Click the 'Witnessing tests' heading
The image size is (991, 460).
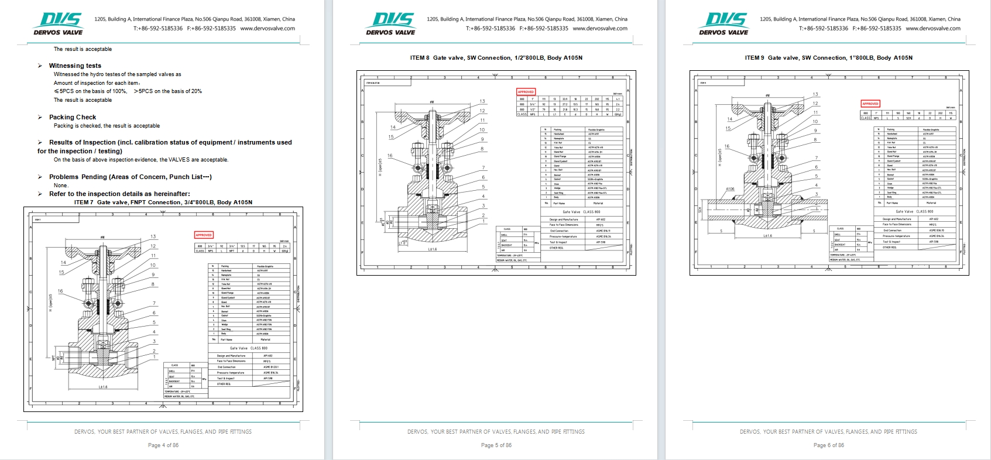tap(75, 66)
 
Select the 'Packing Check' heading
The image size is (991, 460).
tap(73, 117)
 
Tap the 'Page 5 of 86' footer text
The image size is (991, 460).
tap(496, 445)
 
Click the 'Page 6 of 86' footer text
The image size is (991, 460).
tap(829, 445)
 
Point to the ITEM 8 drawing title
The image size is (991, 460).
tap(496, 58)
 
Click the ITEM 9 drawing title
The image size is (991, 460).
tap(828, 58)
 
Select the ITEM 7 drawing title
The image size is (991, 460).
tap(163, 202)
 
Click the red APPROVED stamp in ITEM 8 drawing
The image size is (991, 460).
tap(526, 92)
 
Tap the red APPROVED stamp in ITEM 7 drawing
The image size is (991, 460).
tap(203, 235)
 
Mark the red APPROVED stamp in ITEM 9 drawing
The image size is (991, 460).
tap(870, 104)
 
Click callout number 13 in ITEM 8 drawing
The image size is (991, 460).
tap(482, 101)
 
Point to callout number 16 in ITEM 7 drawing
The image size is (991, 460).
tap(60, 291)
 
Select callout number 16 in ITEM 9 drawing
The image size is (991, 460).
tap(726, 146)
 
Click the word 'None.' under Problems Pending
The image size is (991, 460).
tap(61, 186)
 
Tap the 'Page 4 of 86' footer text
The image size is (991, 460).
tap(163, 445)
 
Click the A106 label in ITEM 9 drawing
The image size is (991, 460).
tap(729, 189)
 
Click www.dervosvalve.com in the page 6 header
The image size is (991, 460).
tap(932, 28)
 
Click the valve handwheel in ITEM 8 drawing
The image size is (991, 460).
tap(432, 109)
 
